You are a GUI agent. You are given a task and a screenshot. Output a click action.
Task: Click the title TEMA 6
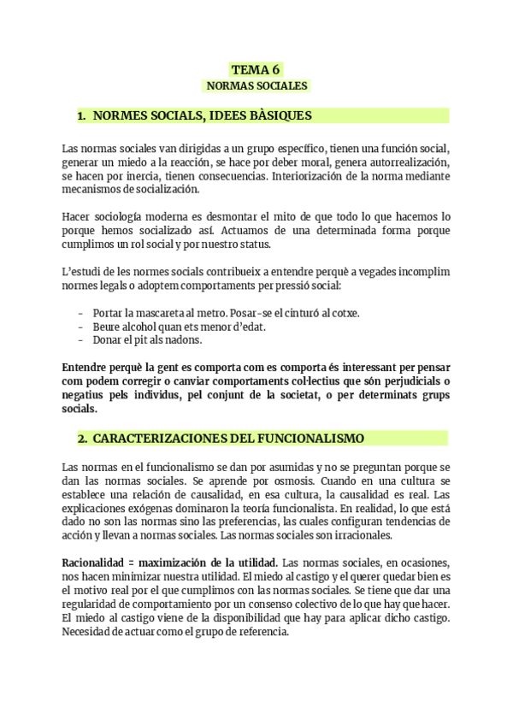point(256,69)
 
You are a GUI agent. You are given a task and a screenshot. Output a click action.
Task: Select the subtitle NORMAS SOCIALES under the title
point(256,85)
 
